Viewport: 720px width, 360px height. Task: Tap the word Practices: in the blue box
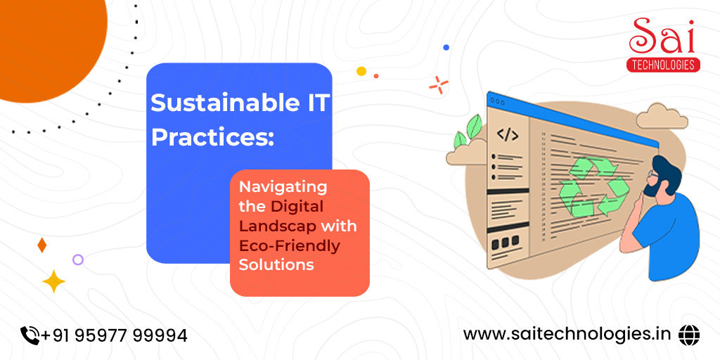(x=212, y=138)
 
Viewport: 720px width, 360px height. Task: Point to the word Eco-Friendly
(x=290, y=246)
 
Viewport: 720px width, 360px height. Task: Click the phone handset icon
(x=30, y=335)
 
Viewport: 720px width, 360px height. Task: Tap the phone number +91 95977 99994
(x=114, y=335)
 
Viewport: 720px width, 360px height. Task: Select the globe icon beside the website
(x=689, y=334)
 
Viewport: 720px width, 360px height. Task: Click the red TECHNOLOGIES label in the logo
(x=663, y=65)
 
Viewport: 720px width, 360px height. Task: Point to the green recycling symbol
(x=593, y=186)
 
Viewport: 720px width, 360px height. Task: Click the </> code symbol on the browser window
(x=508, y=135)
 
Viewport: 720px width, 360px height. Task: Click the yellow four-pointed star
(x=53, y=281)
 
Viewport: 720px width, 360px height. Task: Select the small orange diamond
(x=41, y=245)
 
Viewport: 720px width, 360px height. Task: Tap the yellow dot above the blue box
(x=361, y=71)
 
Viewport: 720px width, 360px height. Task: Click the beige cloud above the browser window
(x=662, y=117)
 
